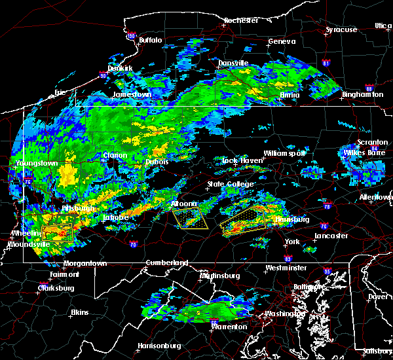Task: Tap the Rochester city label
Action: pos(240,20)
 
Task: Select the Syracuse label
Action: pos(342,29)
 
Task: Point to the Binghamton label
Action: pos(362,94)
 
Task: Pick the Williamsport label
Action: pos(285,153)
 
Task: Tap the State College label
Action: pos(231,184)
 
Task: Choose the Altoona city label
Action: pos(184,204)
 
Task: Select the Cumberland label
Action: pos(166,262)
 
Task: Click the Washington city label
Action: pos(282,314)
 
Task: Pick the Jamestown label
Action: pos(132,94)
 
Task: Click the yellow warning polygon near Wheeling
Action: pos(57,233)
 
